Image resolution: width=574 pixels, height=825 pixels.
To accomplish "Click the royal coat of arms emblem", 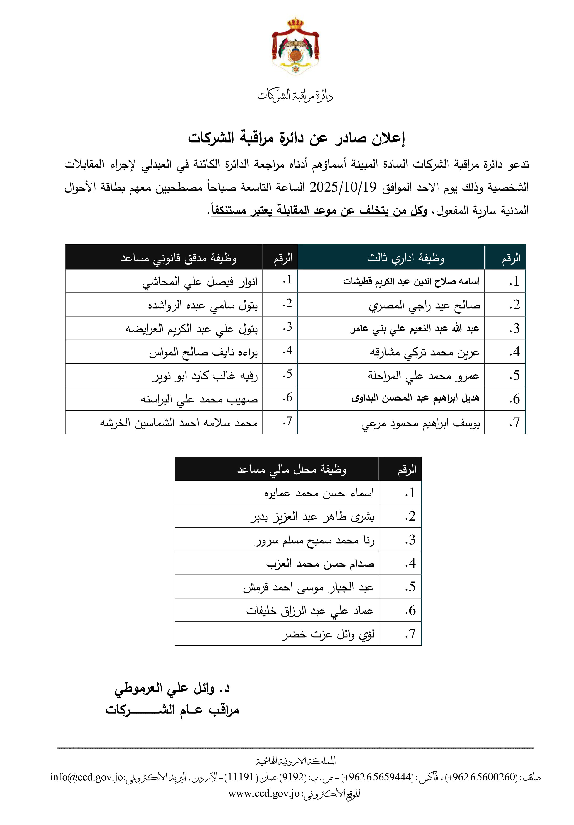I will pyautogui.click(x=295, y=47).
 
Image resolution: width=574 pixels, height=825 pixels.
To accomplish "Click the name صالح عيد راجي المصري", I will pyautogui.click(x=424, y=305).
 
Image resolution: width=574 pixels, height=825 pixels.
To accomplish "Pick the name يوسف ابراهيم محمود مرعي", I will pyautogui.click(x=420, y=423).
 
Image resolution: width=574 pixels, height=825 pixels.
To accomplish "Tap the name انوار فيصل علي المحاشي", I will pyautogui.click(x=200, y=282).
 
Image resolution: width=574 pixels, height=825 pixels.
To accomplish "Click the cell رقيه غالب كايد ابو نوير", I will pyautogui.click(x=205, y=376).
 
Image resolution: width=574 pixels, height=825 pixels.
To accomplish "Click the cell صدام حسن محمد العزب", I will pyautogui.click(x=320, y=563).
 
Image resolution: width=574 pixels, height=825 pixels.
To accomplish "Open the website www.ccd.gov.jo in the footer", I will pyautogui.click(x=264, y=793).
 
